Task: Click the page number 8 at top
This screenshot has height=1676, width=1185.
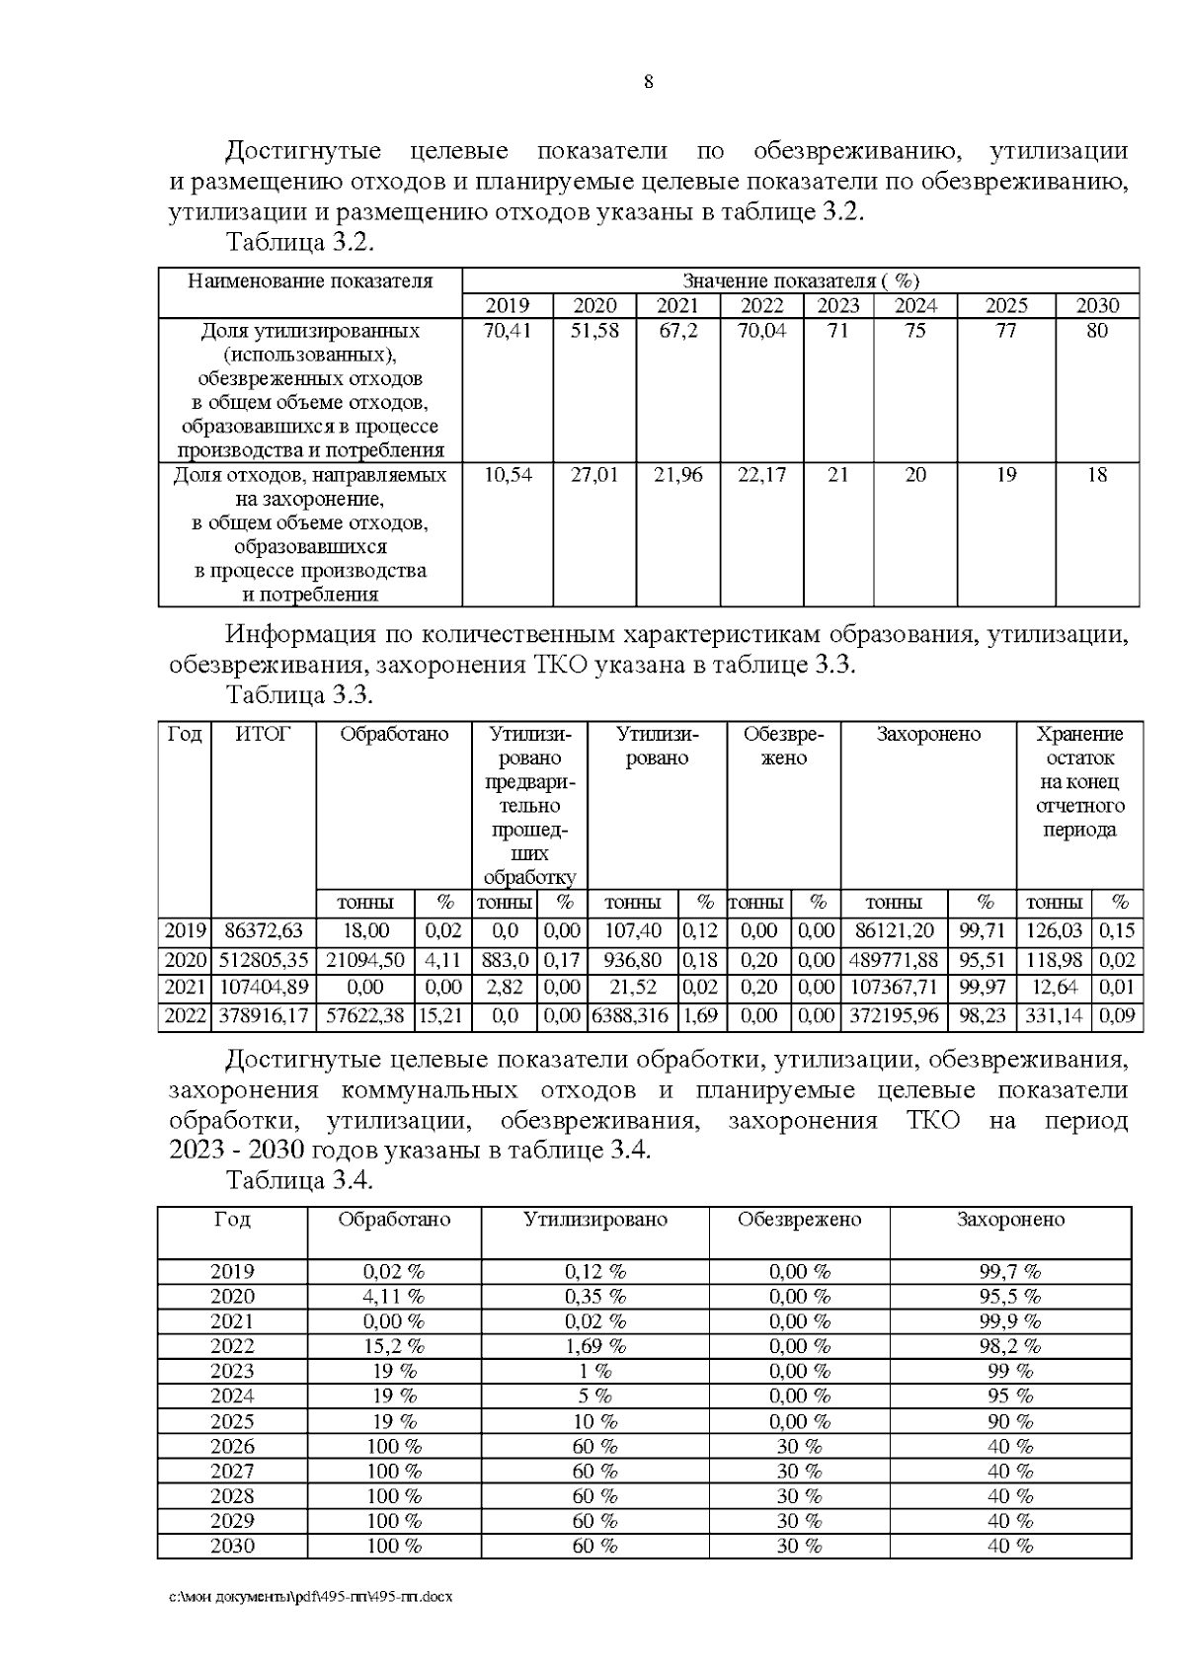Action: [x=648, y=82]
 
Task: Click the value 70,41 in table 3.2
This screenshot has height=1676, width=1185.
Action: [x=508, y=331]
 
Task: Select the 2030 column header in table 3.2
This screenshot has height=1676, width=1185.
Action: [x=1097, y=305]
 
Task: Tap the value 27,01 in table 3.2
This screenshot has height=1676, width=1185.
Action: [x=594, y=475]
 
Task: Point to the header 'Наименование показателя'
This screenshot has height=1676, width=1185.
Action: [x=310, y=281]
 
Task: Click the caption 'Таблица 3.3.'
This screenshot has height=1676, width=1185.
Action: [x=300, y=694]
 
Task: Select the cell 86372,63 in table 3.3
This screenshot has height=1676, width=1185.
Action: [x=264, y=930]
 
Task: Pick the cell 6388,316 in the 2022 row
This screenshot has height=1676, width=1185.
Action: [x=633, y=1015]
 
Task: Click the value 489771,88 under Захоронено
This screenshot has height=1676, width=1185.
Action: [x=894, y=960]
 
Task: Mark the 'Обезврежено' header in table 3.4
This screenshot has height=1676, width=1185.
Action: [x=799, y=1220]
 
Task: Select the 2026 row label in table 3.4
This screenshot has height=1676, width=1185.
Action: [x=232, y=1446]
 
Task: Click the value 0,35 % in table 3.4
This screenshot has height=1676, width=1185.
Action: [x=594, y=1296]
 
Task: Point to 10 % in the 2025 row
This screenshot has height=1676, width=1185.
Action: [x=594, y=1421]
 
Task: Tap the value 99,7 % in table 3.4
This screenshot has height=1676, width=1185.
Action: [x=1009, y=1271]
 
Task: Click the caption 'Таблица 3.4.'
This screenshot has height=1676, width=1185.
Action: [x=300, y=1180]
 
